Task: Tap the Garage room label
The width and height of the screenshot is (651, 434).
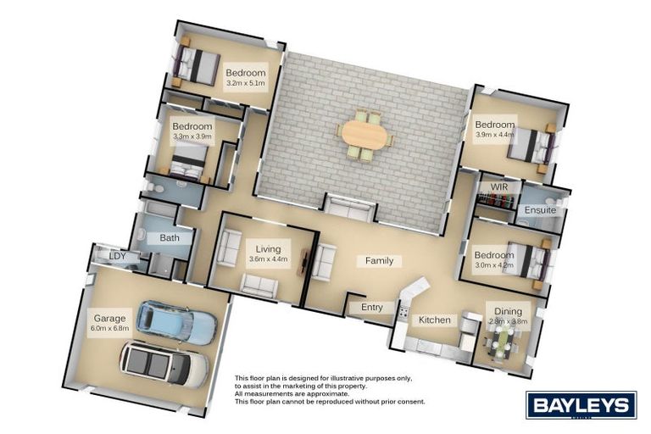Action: pyautogui.click(x=109, y=319)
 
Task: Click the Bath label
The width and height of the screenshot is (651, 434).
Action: pyautogui.click(x=170, y=238)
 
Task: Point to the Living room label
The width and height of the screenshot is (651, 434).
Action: pyautogui.click(x=268, y=249)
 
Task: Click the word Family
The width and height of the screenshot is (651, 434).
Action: pyautogui.click(x=379, y=261)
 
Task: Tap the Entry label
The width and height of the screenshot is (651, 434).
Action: pyautogui.click(x=372, y=307)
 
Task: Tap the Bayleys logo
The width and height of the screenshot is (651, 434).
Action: pyautogui.click(x=581, y=404)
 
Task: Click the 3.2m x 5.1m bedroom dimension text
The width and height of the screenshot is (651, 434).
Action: pyautogui.click(x=245, y=84)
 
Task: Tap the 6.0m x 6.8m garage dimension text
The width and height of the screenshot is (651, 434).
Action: pyautogui.click(x=109, y=327)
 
